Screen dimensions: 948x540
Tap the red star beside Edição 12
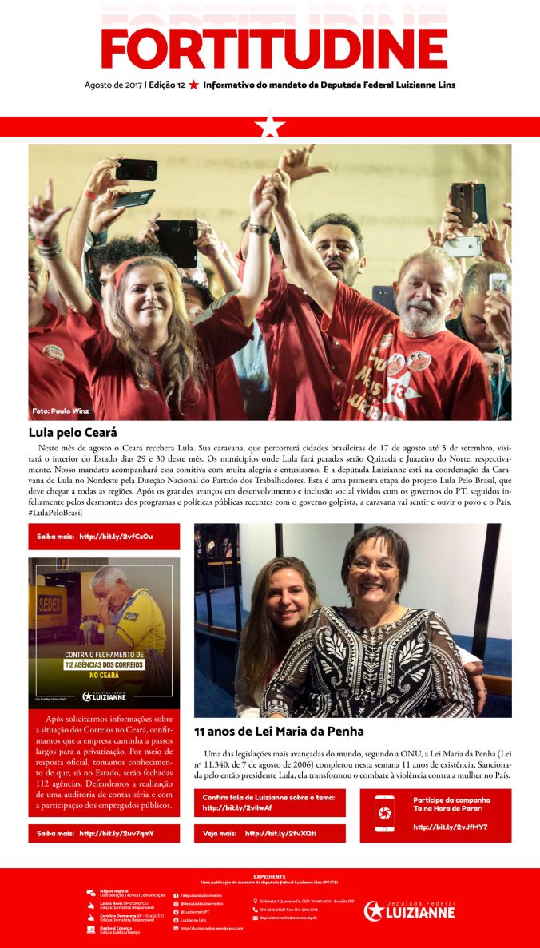coord(193,85)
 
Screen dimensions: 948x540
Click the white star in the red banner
coord(270,126)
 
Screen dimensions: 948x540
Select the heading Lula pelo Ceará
coord(73,433)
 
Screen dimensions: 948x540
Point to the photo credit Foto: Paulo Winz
coord(61,411)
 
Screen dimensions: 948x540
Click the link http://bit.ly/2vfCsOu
coord(116,537)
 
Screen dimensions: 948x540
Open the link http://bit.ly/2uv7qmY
coord(116,833)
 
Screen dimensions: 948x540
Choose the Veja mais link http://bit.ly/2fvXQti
coord(280,833)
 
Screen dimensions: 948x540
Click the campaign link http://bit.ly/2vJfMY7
coord(451,827)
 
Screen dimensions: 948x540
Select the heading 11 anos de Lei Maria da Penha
coord(279,731)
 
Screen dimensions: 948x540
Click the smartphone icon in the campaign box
coord(384,813)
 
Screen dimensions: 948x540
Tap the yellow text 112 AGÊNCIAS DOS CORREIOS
coord(104,664)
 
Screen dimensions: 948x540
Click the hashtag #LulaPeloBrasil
coord(56,511)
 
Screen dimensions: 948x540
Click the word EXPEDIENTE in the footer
coord(269,876)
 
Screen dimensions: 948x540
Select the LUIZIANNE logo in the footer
coord(409,910)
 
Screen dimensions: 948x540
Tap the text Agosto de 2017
coord(113,85)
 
